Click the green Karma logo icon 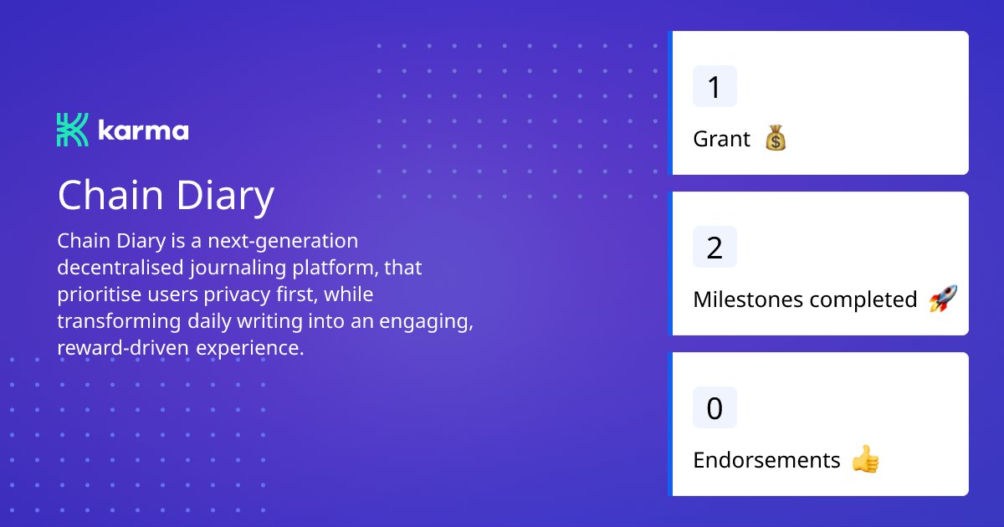point(72,130)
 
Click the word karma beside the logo point(143,131)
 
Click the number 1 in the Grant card point(715,87)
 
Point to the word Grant point(721,139)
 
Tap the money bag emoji point(776,139)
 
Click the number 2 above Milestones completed point(715,248)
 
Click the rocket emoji point(943,299)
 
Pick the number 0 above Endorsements point(715,408)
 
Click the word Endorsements point(766,460)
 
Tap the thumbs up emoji point(865,459)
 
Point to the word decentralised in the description point(117,269)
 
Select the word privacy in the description point(247,295)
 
